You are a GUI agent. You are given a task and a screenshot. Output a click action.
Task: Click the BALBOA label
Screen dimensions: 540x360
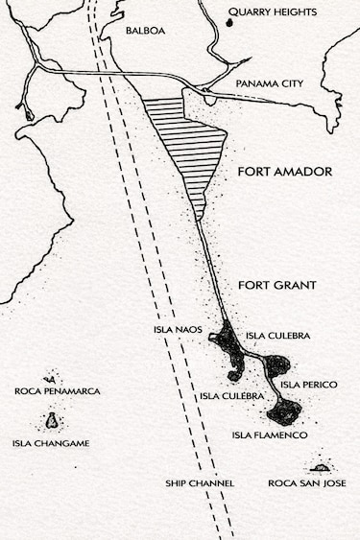pyautogui.click(x=146, y=31)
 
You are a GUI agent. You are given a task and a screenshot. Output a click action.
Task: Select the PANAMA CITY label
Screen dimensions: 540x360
pyautogui.click(x=270, y=84)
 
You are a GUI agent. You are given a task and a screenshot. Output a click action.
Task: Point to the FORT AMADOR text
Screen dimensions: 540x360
pyautogui.click(x=284, y=172)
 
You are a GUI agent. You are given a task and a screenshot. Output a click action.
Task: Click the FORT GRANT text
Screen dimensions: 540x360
pyautogui.click(x=277, y=285)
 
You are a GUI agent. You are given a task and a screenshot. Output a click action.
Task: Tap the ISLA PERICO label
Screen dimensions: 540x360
pyautogui.click(x=308, y=385)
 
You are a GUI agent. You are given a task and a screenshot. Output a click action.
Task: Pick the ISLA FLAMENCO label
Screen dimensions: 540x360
pyautogui.click(x=270, y=435)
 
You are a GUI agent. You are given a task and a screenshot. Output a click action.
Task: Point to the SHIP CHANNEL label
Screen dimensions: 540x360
pyautogui.click(x=200, y=483)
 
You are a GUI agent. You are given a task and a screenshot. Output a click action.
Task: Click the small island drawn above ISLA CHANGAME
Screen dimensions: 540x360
pyautogui.click(x=50, y=421)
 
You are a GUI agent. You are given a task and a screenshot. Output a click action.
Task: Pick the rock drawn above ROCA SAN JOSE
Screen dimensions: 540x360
pyautogui.click(x=321, y=467)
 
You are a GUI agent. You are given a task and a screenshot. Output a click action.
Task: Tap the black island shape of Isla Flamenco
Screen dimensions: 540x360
pyautogui.click(x=285, y=411)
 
